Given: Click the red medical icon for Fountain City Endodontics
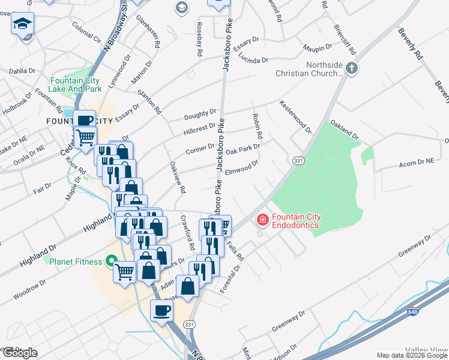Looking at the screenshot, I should pos(262,220).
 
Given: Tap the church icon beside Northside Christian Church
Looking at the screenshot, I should pos(352,69).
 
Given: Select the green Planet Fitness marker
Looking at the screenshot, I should pos(110,261).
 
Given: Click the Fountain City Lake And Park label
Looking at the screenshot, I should pos(76,85).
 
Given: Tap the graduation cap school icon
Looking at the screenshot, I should pos(23,24).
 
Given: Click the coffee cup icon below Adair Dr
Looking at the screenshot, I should pos(161,310).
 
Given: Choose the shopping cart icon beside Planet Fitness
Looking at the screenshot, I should pos(125,272).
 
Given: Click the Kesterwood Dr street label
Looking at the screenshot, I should pos(296,116).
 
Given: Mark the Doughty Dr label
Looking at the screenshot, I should pos(200,113).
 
